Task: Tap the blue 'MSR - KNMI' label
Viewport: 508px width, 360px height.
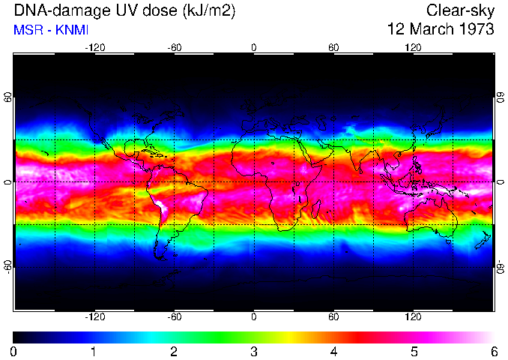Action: point(52,30)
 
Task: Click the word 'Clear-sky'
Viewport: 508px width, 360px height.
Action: point(460,10)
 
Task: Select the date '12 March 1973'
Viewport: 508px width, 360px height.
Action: point(440,30)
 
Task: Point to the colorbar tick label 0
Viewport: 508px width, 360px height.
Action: point(14,351)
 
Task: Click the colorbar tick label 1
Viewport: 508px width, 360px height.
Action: point(94,351)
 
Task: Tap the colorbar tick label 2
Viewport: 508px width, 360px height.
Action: point(174,351)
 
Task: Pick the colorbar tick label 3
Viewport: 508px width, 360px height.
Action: point(254,351)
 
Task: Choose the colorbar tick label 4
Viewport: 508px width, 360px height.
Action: point(333,351)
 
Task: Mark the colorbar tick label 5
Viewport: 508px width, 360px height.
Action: point(414,351)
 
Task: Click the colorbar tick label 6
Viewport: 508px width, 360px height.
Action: point(493,351)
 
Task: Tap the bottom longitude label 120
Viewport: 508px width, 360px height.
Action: point(413,316)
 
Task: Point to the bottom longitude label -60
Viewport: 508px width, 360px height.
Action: point(174,316)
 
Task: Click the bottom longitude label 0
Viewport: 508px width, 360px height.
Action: point(254,316)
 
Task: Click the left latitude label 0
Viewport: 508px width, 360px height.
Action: point(8,182)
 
